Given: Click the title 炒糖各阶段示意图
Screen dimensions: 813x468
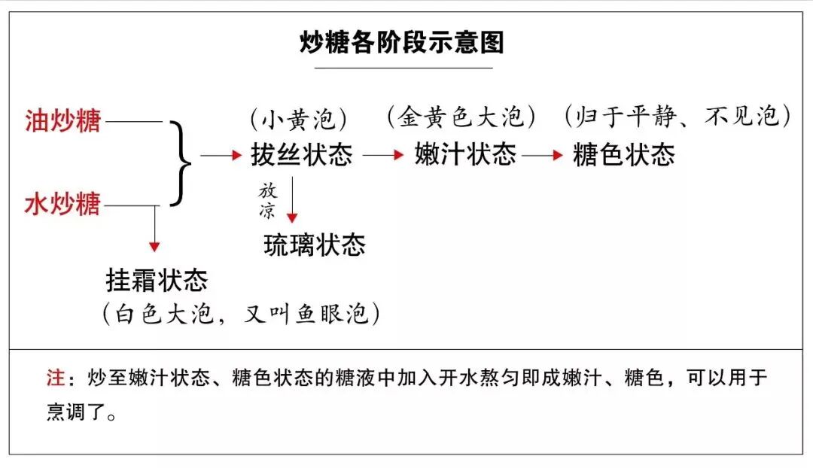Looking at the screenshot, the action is (x=401, y=43).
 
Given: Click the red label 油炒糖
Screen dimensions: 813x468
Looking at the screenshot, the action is (x=62, y=121).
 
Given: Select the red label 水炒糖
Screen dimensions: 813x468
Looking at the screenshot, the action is (x=62, y=204).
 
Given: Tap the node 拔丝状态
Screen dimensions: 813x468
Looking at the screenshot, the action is (x=301, y=155).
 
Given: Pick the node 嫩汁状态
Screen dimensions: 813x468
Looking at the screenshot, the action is (x=465, y=154).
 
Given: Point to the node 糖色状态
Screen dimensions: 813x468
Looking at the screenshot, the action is (x=623, y=154).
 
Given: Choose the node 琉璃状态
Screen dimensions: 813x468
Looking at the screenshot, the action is (x=315, y=245).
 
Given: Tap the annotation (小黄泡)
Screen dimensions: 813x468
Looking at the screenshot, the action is (x=299, y=118).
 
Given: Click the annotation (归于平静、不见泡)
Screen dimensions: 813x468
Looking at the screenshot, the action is (x=677, y=117).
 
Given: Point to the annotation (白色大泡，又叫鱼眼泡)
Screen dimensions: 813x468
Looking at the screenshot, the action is (x=241, y=313).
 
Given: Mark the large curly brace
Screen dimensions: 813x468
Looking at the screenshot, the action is (x=179, y=162).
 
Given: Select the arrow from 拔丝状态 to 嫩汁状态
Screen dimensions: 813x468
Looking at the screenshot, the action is (x=384, y=155).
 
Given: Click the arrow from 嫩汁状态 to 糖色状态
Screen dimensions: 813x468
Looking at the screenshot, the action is (x=543, y=155).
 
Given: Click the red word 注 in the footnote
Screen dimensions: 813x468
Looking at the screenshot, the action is (x=54, y=378).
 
